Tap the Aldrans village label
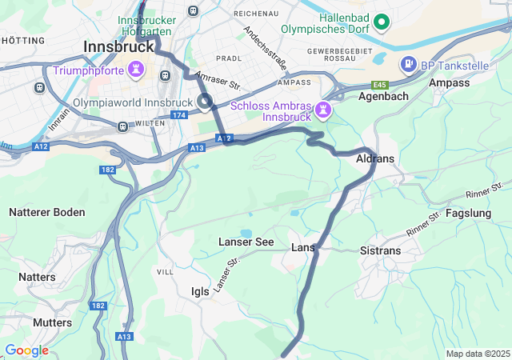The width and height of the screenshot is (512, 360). click(375, 158)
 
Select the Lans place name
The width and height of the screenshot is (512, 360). click(302, 247)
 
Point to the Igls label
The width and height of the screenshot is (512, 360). click(200, 291)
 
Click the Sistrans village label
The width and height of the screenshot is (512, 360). click(381, 250)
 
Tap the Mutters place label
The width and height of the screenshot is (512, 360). click(52, 322)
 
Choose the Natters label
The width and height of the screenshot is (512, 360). click(37, 277)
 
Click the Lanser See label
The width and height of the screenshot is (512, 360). click(246, 242)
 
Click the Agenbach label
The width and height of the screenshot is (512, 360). click(383, 96)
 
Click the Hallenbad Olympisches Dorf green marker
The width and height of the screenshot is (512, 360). click(382, 22)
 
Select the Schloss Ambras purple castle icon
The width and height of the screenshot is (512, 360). click(322, 107)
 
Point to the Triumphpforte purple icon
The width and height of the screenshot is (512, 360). click(137, 70)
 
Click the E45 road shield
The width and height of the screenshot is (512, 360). click(378, 85)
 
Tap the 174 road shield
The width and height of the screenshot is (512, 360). click(178, 116)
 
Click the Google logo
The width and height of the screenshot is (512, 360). click(26, 350)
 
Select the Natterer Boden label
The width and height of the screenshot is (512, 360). click(46, 212)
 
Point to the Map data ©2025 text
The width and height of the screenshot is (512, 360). click(478, 354)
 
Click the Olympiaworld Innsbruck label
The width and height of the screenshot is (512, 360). click(132, 102)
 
